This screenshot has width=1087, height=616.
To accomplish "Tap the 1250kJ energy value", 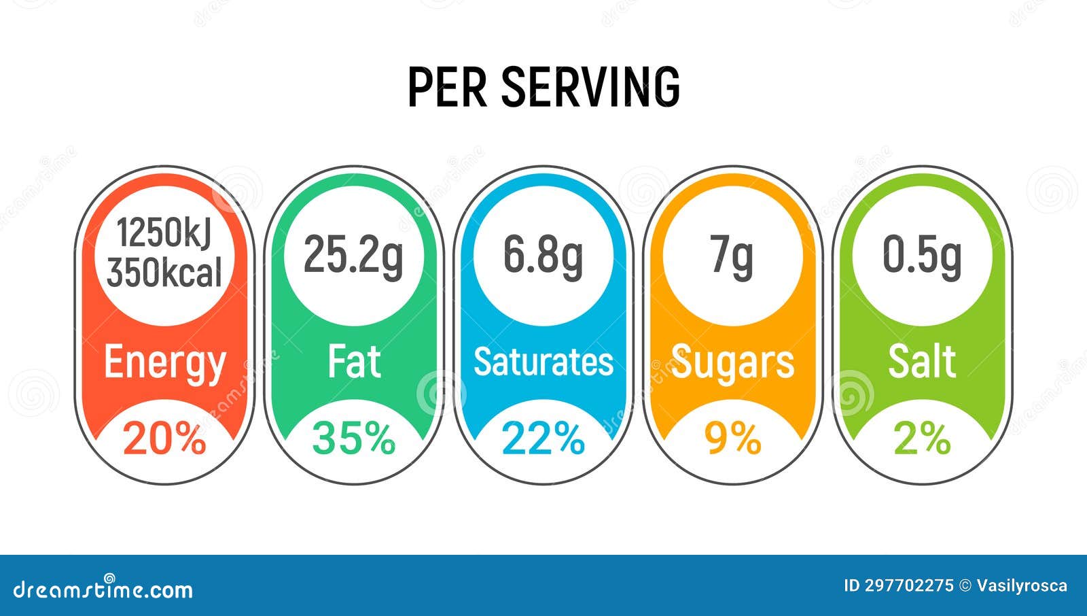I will click(164, 233).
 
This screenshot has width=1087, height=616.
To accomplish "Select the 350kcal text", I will click(164, 273).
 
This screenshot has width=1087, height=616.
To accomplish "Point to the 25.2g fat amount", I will click(353, 255).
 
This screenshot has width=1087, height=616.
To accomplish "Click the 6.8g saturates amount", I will click(543, 255).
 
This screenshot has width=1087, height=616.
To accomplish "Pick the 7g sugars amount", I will click(732, 255).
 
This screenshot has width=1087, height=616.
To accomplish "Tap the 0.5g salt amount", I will click(922, 255).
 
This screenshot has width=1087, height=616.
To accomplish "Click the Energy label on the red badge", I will click(164, 362).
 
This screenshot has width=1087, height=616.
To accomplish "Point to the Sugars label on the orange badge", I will click(732, 362).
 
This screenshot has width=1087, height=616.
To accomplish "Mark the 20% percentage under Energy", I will click(164, 439).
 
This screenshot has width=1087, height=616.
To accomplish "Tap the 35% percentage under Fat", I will click(353, 439).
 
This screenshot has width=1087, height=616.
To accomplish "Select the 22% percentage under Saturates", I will click(543, 439).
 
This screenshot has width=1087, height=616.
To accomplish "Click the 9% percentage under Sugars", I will click(732, 439).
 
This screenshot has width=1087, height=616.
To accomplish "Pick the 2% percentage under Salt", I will click(922, 439).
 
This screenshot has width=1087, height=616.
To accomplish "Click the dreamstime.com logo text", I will click(103, 589).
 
